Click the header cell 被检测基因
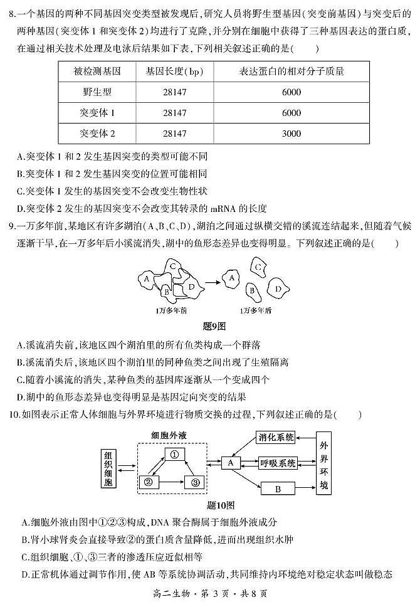click(x=96, y=71)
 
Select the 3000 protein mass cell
click(x=291, y=134)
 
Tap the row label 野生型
click(x=96, y=92)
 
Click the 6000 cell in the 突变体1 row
click(x=291, y=113)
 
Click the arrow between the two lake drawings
click(x=211, y=276)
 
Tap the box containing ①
click(x=175, y=454)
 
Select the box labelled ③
click(x=195, y=482)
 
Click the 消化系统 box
click(x=276, y=438)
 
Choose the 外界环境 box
click(x=323, y=463)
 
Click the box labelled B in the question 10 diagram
click(x=278, y=489)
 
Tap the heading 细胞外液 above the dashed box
click(x=169, y=435)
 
